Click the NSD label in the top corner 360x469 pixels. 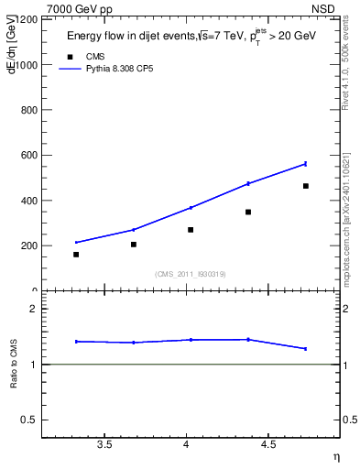(x=336, y=8)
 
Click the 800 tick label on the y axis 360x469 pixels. (x=28, y=110)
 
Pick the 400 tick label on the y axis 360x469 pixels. (x=28, y=201)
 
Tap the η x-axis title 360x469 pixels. (x=336, y=455)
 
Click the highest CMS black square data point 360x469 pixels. (x=306, y=186)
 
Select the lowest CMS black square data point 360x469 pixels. (x=76, y=255)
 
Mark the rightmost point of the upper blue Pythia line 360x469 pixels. (x=306, y=164)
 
